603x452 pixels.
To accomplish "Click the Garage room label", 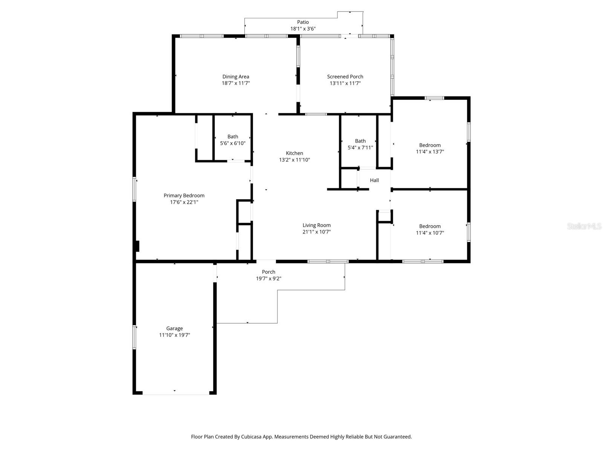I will [x=174, y=328].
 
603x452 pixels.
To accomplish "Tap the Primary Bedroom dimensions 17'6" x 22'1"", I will [x=184, y=202].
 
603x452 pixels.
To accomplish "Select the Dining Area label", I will [x=236, y=76].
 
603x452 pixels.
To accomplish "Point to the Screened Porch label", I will [x=345, y=76].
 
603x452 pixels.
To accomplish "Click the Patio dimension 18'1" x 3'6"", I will [x=303, y=29].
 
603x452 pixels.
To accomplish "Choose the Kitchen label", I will [x=294, y=153].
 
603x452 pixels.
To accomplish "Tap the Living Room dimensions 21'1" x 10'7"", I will [x=317, y=232].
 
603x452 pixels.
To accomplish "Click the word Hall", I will [x=374, y=180].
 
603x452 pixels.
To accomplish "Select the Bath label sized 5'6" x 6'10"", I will [x=233, y=137].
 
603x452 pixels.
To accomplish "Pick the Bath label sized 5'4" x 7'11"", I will [x=360, y=141].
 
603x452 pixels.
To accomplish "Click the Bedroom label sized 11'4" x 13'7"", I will [x=430, y=145].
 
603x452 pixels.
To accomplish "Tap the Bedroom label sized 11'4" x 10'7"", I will [x=430, y=226].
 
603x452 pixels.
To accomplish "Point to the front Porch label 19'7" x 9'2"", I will [x=268, y=272].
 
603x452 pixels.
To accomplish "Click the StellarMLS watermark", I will [x=584, y=226].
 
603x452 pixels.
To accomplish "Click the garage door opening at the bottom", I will [x=176, y=394].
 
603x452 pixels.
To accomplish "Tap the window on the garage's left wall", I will [x=135, y=337].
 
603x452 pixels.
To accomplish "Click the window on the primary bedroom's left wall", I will [x=135, y=189].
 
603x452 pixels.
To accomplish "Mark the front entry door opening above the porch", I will [x=266, y=261].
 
